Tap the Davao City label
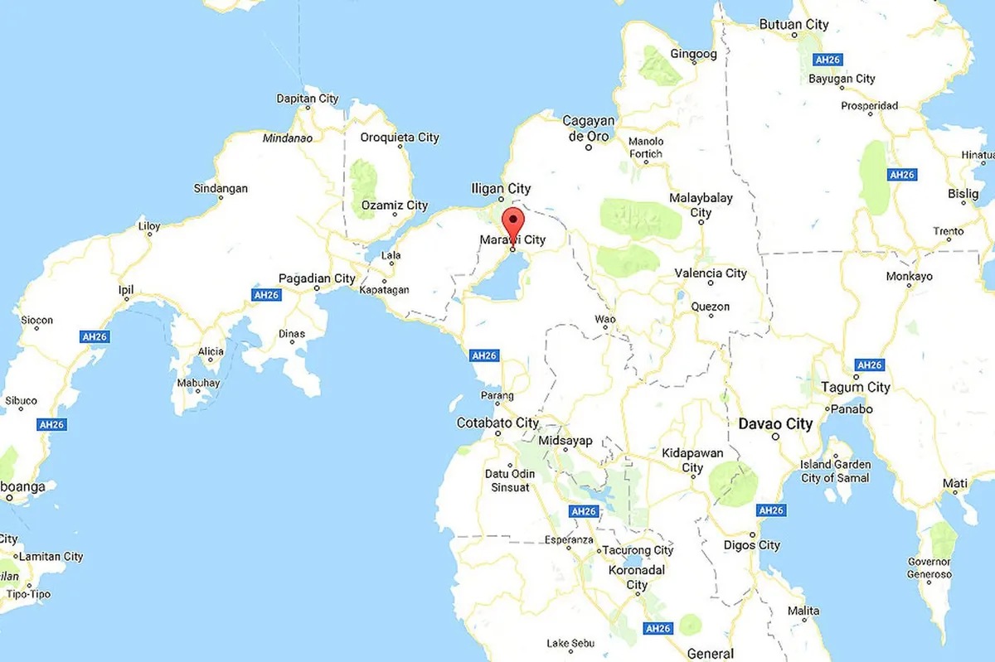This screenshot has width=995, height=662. tap(775, 424)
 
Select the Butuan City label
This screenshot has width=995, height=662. tap(794, 25)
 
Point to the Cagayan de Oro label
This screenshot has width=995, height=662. tap(588, 128)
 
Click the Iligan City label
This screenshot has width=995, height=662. tap(501, 189)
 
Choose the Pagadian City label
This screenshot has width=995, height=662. tap(317, 278)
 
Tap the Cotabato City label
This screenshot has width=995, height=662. tap(498, 423)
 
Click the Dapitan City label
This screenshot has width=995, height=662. tap(307, 99)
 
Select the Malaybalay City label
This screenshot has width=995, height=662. tap(701, 205)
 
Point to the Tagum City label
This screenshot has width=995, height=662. tap(855, 387)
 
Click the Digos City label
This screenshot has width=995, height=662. tap(751, 545)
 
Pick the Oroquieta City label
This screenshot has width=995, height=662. tap(400, 138)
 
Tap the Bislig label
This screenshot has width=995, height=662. tap(963, 194)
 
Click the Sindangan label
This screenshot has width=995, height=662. tap(221, 188)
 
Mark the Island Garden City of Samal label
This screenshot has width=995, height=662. tap(835, 471)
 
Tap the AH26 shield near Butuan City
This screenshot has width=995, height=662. tap(828, 60)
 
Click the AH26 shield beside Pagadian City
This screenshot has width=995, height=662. tap(266, 295)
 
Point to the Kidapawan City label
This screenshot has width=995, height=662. tap(692, 461)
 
